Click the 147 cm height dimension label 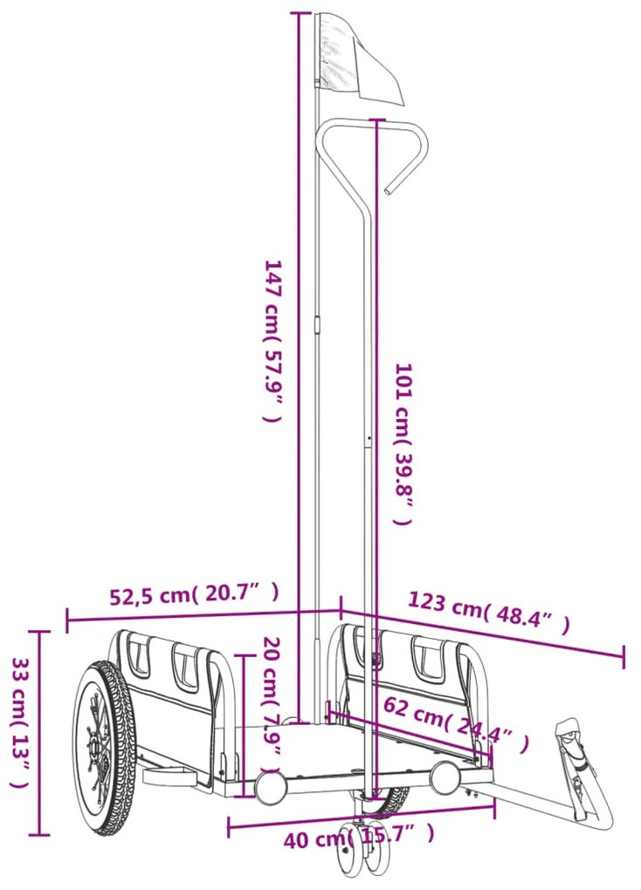click(x=273, y=340)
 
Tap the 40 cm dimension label click(x=358, y=839)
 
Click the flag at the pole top click(x=355, y=58)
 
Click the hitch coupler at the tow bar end click(x=569, y=732)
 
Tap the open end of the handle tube click(x=388, y=189)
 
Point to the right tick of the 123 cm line click(x=623, y=656)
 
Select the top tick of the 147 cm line click(x=300, y=13)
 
